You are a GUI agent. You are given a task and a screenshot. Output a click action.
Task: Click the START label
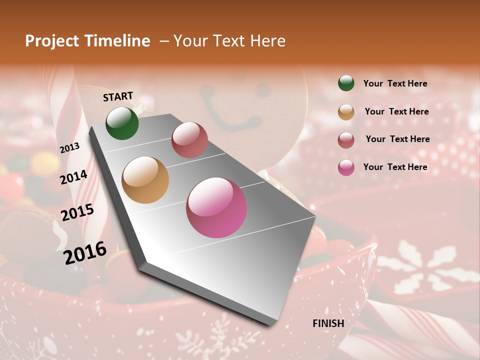(x=118, y=96)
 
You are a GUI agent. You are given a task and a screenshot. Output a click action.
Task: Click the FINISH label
(x=328, y=323)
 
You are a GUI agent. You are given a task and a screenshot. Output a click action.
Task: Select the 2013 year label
(x=69, y=147)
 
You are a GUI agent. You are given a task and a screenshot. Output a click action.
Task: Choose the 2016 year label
(x=85, y=252)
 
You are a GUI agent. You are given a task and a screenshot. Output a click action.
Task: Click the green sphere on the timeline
(x=122, y=123)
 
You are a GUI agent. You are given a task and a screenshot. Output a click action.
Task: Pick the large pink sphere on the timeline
(x=216, y=207)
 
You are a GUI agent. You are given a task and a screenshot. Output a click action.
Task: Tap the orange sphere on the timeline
(x=145, y=180)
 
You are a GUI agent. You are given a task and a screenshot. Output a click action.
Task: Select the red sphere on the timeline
(x=189, y=139)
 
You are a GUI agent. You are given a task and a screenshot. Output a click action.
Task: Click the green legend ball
(x=346, y=83)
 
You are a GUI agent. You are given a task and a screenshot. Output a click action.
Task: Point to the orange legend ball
(x=346, y=111)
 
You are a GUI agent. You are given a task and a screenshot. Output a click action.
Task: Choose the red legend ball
(x=346, y=139)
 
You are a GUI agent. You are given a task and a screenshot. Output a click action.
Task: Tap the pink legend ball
(x=346, y=167)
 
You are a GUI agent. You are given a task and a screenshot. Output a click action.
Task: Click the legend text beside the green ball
(x=395, y=83)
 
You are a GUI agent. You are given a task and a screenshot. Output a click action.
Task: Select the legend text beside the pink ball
(x=395, y=167)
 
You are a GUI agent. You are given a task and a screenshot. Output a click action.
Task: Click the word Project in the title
(x=51, y=41)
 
